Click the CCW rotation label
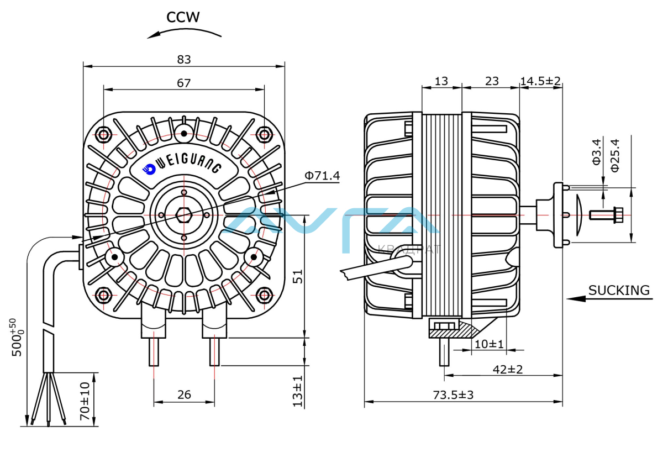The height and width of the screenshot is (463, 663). pos(183,17)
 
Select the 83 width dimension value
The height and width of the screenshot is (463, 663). pos(184,59)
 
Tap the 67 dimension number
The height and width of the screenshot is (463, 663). pos(184,83)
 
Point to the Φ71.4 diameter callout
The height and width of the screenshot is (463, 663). pos(322,176)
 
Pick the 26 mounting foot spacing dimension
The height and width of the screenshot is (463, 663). pos(184,394)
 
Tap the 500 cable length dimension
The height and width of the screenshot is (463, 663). pos(18,337)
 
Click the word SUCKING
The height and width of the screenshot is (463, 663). pos(619,290)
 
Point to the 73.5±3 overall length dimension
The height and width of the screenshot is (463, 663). pos(453,395)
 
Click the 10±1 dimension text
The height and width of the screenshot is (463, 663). pos(489,344)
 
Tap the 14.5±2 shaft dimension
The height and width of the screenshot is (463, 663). pos(540,81)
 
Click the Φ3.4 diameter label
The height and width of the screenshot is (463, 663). pos(596,152)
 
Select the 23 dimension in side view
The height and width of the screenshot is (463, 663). pos(491,81)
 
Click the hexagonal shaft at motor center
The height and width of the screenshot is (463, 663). pos(184,214)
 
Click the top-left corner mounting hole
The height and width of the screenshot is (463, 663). pos(103,134)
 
